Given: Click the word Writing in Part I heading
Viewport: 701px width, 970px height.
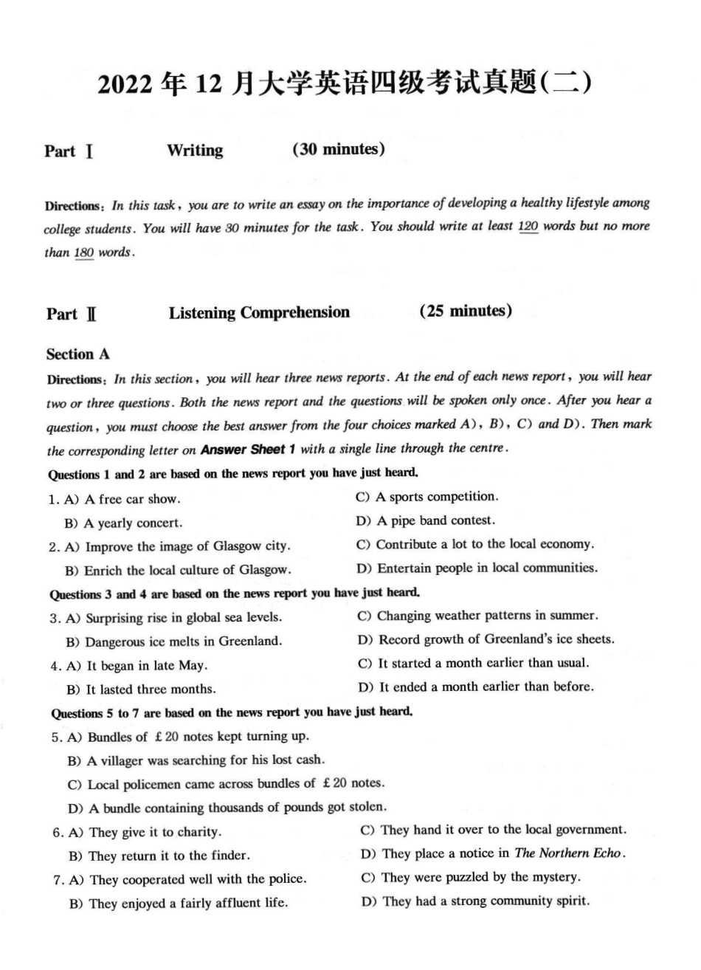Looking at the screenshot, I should pos(195,151).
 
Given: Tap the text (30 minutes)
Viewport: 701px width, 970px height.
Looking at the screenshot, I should pos(339,149).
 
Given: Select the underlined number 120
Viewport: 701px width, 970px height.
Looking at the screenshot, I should pos(528,227).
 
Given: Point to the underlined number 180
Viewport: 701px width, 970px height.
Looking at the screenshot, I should pos(84,252).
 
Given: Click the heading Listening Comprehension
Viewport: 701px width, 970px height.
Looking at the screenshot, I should pos(259,312).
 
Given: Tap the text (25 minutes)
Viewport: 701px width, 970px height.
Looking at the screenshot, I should pos(466,311).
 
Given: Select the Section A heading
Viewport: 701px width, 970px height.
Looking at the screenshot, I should pos(77,354).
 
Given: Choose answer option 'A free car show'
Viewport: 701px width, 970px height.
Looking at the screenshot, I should pos(131,500).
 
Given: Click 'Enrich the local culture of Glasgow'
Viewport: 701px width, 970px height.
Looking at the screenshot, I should pos(187,571).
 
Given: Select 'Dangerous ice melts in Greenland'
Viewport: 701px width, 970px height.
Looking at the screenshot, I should pos(183,641).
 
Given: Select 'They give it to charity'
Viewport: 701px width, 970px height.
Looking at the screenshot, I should pos(154,833).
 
